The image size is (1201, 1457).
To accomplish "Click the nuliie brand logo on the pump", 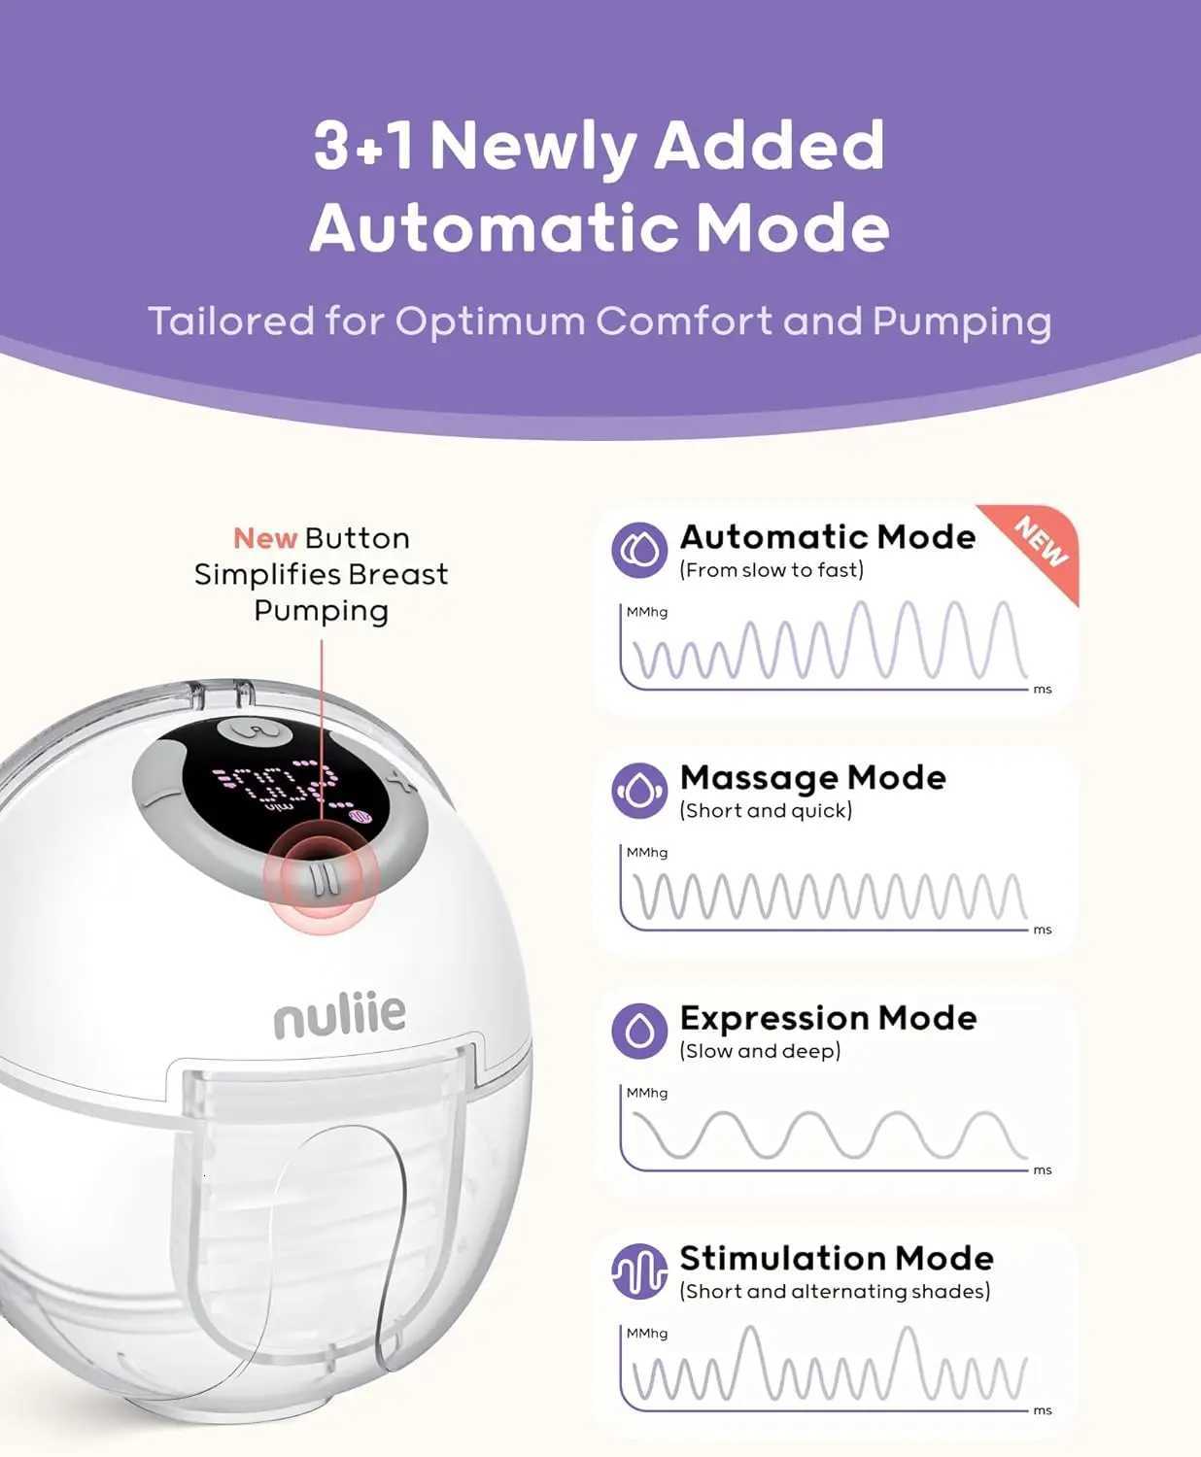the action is pyautogui.click(x=339, y=1014).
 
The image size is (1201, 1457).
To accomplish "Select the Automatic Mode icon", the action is pyautogui.click(x=639, y=550).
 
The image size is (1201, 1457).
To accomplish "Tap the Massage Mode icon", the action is pyautogui.click(x=639, y=791).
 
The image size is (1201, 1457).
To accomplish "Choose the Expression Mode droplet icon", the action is pyautogui.click(x=639, y=1032).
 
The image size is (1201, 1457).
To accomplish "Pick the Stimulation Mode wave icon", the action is pyautogui.click(x=639, y=1271).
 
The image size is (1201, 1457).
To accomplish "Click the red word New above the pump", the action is pyautogui.click(x=265, y=539).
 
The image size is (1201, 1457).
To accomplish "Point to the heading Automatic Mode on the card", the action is pyautogui.click(x=828, y=536).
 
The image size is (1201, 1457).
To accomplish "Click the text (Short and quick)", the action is pyautogui.click(x=766, y=810).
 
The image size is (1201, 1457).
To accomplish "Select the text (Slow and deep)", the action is pyautogui.click(x=761, y=1051).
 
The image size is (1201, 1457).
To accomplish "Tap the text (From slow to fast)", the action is pyautogui.click(x=772, y=570).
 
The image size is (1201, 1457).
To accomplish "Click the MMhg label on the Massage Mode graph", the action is pyautogui.click(x=646, y=853).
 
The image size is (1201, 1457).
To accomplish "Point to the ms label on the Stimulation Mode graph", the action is pyautogui.click(x=1043, y=1410).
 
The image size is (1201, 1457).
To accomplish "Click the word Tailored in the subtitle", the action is pyautogui.click(x=231, y=321).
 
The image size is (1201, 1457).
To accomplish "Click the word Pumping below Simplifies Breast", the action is pyautogui.click(x=322, y=611).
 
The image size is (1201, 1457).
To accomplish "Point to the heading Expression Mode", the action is pyautogui.click(x=829, y=1018).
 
